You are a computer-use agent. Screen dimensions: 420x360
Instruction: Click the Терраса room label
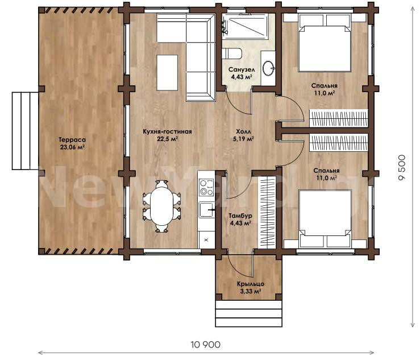pos(72,140)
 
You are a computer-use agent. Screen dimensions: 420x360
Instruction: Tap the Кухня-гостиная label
pos(167,131)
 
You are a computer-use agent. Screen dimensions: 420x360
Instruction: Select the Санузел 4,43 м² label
pos(242,73)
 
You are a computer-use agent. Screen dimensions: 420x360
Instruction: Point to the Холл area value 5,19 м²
pos(243,139)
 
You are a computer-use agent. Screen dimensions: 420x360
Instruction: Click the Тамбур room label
pos(240,216)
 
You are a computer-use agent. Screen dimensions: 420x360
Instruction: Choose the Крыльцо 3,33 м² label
pos(251,288)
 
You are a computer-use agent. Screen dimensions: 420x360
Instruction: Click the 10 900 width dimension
pos(206,345)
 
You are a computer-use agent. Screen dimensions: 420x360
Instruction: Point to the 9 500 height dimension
pos(402,168)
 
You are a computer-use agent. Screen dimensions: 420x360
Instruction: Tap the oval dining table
pos(161,206)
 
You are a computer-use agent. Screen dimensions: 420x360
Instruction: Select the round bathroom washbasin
pos(268,68)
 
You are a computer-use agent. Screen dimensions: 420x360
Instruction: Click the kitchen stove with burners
pos(206,187)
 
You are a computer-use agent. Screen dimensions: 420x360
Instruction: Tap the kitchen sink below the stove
pos(206,210)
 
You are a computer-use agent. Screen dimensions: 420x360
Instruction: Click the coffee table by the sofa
pos(168,73)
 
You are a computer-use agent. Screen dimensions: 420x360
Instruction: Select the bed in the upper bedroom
pos(325,43)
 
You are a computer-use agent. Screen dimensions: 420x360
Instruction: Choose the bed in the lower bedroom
pos(325,218)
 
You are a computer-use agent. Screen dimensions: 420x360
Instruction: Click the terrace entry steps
pos(25,131)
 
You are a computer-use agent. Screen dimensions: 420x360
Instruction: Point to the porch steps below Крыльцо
pos(249,313)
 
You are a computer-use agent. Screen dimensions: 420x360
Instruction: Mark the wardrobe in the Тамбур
pos(268,212)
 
